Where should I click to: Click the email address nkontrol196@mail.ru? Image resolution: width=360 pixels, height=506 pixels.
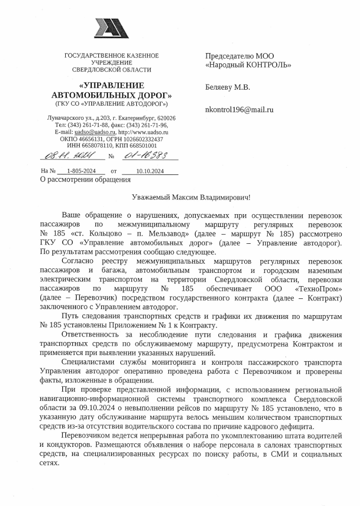[x=239, y=109]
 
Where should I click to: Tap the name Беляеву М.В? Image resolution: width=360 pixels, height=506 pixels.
[x=227, y=87]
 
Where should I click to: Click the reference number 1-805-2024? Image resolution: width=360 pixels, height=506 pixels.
[x=82, y=171]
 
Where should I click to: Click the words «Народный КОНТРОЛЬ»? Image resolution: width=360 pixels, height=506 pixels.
[x=248, y=65]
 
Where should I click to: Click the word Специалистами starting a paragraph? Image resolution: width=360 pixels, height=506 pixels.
[x=87, y=362]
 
